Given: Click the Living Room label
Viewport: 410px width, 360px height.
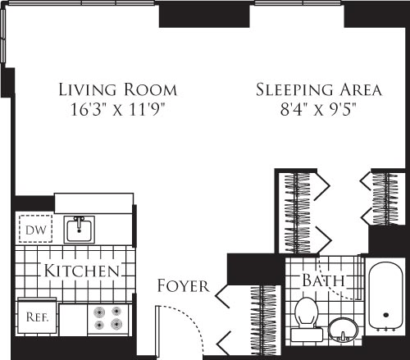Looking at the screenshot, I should point(117,89).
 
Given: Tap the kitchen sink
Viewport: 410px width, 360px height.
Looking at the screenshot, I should point(80,229).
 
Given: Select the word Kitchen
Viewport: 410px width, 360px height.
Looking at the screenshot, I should point(83,271).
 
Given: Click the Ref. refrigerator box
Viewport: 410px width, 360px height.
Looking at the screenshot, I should point(36,314).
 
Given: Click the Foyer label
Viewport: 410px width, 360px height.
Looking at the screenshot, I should point(182,285).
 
